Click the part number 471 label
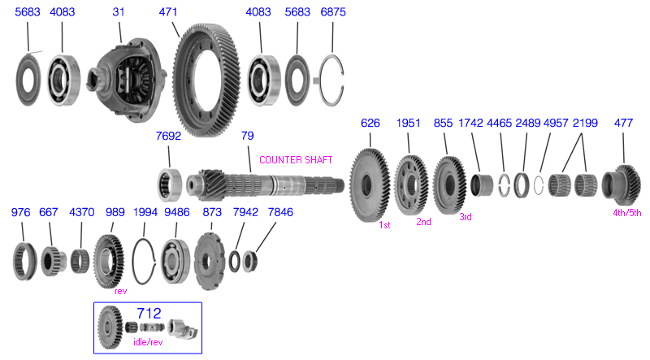click(x=168, y=11)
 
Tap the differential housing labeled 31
click(x=127, y=80)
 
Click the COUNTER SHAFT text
click(x=296, y=159)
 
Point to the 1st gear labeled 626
click(x=370, y=185)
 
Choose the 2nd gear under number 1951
click(x=411, y=185)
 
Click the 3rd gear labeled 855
click(x=450, y=185)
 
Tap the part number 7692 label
click(x=168, y=136)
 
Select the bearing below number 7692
click(x=170, y=185)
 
